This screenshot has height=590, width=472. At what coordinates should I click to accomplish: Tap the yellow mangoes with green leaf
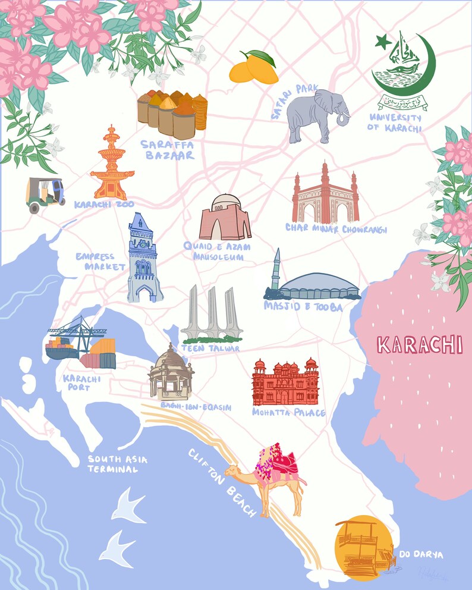[x=253, y=67]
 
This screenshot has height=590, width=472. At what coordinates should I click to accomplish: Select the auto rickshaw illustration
[x=45, y=194]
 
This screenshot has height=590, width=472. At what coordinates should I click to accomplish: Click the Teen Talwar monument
[x=210, y=315]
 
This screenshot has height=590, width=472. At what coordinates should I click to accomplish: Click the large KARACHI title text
[x=420, y=345]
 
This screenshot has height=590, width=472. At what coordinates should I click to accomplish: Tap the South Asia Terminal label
[x=118, y=464]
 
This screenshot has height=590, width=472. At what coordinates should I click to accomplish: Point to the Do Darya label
[x=426, y=554]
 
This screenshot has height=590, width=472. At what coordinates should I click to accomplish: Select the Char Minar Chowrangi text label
[x=336, y=228]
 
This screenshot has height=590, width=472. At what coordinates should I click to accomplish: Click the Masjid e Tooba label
[x=303, y=306]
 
